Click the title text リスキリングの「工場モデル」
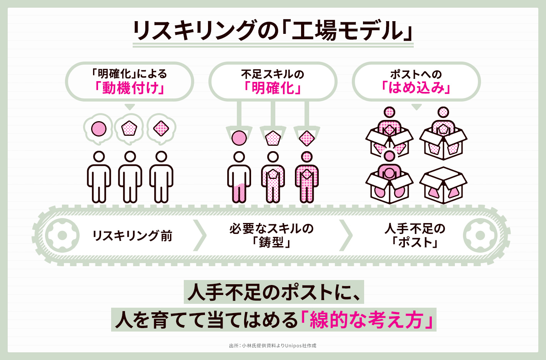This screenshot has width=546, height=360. tap(273, 31)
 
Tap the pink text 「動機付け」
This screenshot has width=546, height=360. tap(130, 88)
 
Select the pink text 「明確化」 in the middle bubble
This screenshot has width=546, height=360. tap(273, 88)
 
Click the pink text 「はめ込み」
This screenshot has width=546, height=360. tap(416, 88)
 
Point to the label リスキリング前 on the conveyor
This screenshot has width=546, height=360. tap(132, 236)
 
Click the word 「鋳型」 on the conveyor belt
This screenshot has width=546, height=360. tap(271, 243)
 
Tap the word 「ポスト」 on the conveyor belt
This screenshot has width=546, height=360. tap(415, 243)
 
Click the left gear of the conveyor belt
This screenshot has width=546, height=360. tap(62, 235)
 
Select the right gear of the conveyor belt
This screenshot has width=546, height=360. tap(480, 235)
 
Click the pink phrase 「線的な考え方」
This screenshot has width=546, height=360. tap(367, 320)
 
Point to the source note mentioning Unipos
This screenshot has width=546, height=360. tap(273, 345)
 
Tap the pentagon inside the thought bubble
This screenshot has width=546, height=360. tap(129, 128)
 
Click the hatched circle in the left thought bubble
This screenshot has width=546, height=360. tap(99, 128)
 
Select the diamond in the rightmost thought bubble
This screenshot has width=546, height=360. tap(161, 128)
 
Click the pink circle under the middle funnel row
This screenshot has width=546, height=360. tap(239, 138)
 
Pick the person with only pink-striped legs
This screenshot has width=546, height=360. tap(239, 177)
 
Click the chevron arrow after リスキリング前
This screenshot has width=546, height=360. tap(200, 235)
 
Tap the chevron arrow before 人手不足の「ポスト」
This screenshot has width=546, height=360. tap(346, 235)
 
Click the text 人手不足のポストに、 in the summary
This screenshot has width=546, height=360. tap(273, 292)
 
